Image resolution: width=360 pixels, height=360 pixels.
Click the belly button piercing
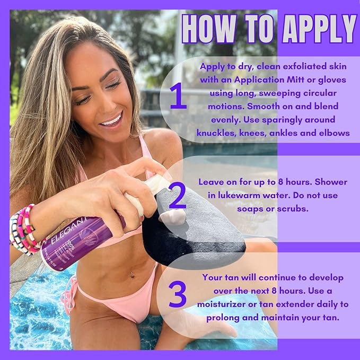pyautogui.click(x=131, y=275)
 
